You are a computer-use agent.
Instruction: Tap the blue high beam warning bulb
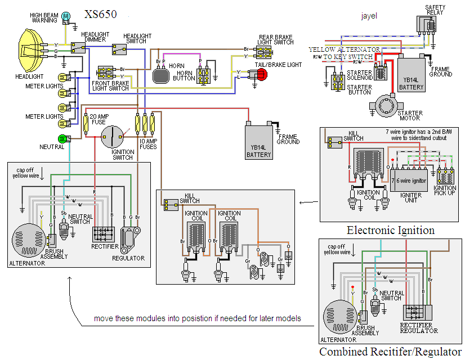pos(66,16)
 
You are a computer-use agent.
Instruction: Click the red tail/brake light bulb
pos(261,75)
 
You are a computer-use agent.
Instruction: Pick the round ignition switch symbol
pos(112,137)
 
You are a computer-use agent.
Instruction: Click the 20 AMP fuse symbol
pos(87,122)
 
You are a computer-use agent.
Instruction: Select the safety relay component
pos(426,25)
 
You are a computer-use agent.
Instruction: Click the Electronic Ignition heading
pos(390,230)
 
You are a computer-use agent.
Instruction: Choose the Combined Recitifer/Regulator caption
pos(390,352)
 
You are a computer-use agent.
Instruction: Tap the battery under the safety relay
pos(411,75)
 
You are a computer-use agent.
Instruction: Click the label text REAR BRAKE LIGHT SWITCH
pos(276,39)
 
